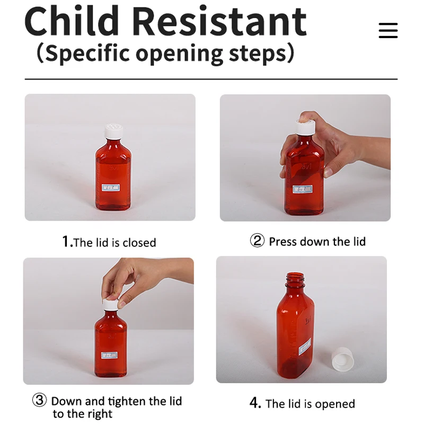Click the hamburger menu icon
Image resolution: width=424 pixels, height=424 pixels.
[388, 30]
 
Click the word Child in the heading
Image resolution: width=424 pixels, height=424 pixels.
[71, 22]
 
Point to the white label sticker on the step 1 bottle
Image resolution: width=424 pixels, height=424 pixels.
[110, 188]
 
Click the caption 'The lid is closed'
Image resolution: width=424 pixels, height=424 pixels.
[114, 243]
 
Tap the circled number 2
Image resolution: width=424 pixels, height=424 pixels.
[257, 241]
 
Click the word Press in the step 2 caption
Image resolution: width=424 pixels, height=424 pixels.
[283, 242]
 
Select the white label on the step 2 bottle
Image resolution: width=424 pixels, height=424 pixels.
[303, 189]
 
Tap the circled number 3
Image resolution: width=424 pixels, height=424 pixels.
[40, 400]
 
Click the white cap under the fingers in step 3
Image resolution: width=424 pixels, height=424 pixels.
[110, 304]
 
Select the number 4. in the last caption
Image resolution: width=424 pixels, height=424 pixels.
[255, 403]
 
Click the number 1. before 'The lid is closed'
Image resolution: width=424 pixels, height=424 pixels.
[67, 242]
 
